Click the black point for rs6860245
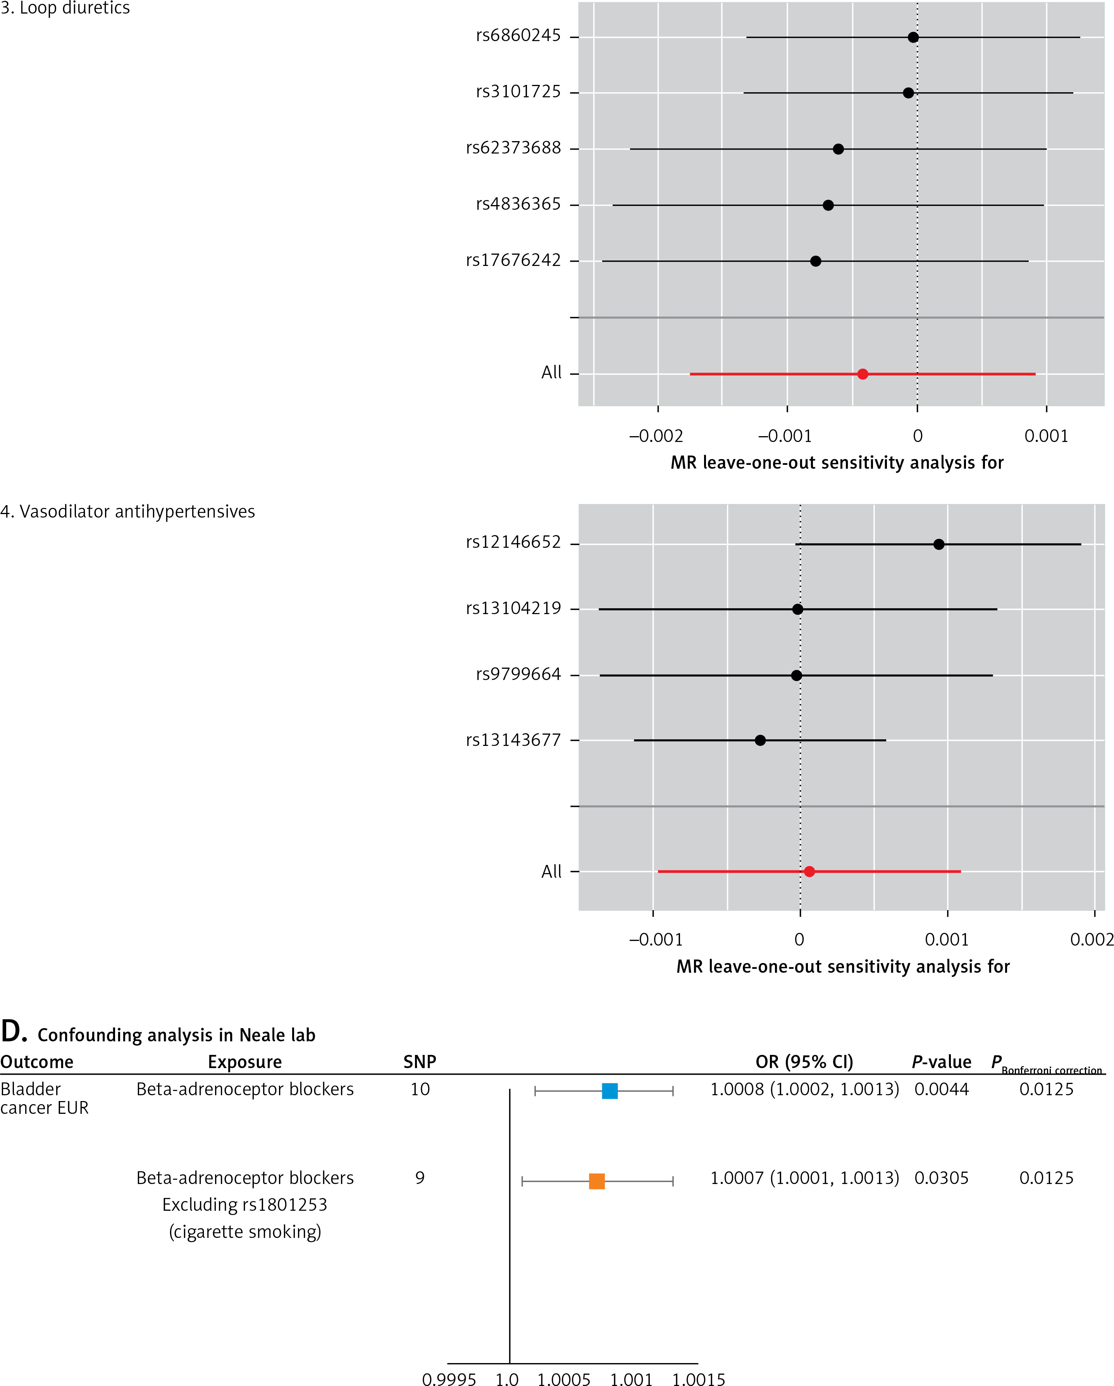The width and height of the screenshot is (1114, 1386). [x=913, y=37]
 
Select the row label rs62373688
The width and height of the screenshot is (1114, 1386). [x=513, y=148]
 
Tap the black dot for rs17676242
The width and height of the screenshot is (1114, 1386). [x=815, y=261]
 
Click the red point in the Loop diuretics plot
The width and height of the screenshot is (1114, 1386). [x=863, y=374]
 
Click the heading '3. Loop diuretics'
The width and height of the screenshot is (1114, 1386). [x=65, y=9]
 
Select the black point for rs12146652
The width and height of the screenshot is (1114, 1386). [x=938, y=544]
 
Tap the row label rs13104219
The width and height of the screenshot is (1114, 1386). [x=513, y=608]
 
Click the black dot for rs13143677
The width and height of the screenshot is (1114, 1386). [x=760, y=740]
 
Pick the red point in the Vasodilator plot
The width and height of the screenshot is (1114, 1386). [x=809, y=872]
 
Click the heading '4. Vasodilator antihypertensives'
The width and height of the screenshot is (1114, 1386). [x=128, y=512]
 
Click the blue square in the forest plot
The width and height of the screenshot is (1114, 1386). [x=610, y=1091]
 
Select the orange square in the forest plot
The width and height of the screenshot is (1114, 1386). [x=597, y=1181]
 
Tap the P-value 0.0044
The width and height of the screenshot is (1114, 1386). [x=941, y=1089]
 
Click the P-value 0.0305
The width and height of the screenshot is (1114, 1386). [x=941, y=1178]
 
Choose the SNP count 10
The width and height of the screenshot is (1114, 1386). [x=420, y=1089]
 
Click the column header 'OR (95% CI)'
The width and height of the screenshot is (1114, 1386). [x=804, y=1062]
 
